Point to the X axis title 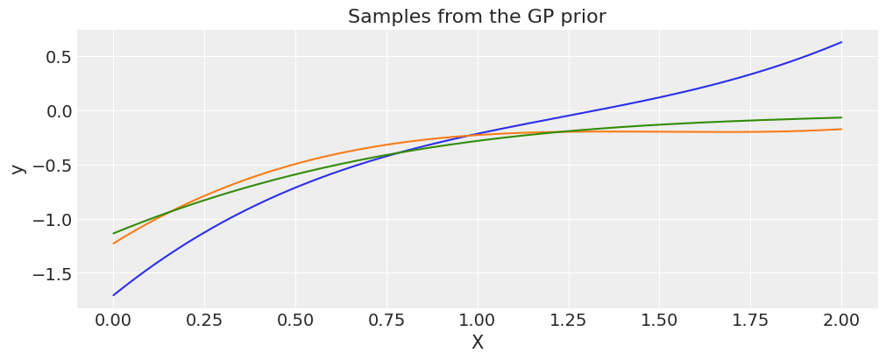[478, 342]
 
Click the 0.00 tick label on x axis [113, 320]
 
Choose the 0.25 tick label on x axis [204, 320]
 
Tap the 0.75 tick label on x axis [386, 320]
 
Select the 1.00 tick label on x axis [478, 320]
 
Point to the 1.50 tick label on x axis [660, 320]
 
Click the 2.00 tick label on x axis [842, 320]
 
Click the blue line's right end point [842, 42]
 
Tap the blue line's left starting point [113, 295]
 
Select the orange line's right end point [842, 129]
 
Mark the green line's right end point [842, 117]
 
